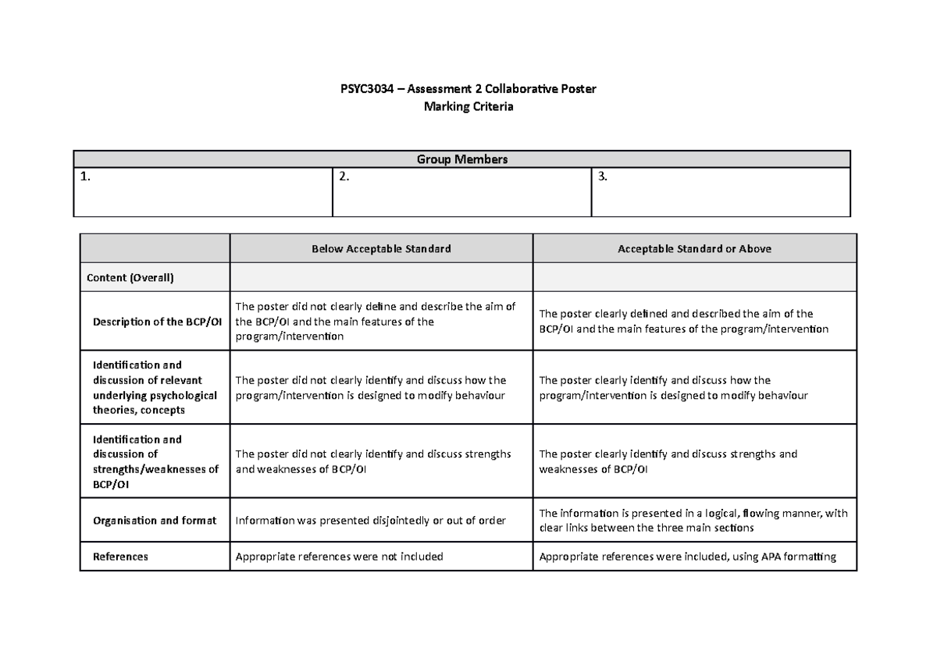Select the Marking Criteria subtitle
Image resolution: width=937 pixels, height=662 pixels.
(x=468, y=107)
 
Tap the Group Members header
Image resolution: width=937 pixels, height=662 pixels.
(x=461, y=159)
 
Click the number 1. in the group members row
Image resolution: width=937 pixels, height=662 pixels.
(x=85, y=177)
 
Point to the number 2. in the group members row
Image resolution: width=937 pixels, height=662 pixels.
(x=344, y=177)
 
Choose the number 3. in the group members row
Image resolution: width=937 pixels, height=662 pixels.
(x=602, y=177)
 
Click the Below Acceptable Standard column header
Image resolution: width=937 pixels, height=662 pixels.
(x=381, y=249)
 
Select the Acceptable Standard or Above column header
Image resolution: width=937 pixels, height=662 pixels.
(x=694, y=249)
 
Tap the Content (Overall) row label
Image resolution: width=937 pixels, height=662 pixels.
(x=130, y=277)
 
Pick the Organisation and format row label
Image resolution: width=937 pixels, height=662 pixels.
(x=154, y=521)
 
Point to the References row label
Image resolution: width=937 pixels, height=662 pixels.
(x=120, y=557)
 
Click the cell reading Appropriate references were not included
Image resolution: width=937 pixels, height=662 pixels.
(x=339, y=557)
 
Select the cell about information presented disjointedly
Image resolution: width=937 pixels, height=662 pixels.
(x=371, y=521)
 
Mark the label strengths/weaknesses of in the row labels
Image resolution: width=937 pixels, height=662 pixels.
(x=155, y=469)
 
